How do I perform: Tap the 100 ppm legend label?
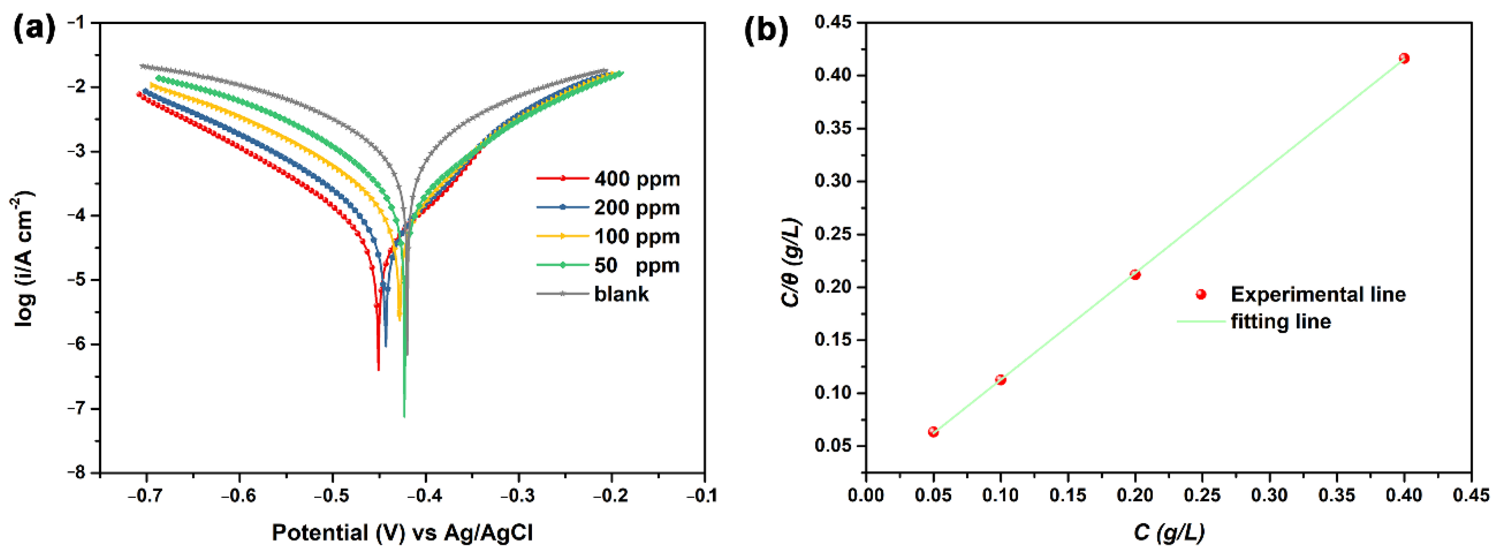[636, 237]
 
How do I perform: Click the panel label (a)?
[34, 29]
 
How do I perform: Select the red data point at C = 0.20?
[1135, 274]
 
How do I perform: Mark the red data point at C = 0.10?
[1000, 380]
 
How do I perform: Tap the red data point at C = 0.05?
[933, 432]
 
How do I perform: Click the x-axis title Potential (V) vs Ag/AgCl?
[402, 532]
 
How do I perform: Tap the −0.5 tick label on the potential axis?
[332, 496]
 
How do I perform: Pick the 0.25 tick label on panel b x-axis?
[1202, 496]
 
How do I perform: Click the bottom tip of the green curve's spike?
[404, 416]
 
